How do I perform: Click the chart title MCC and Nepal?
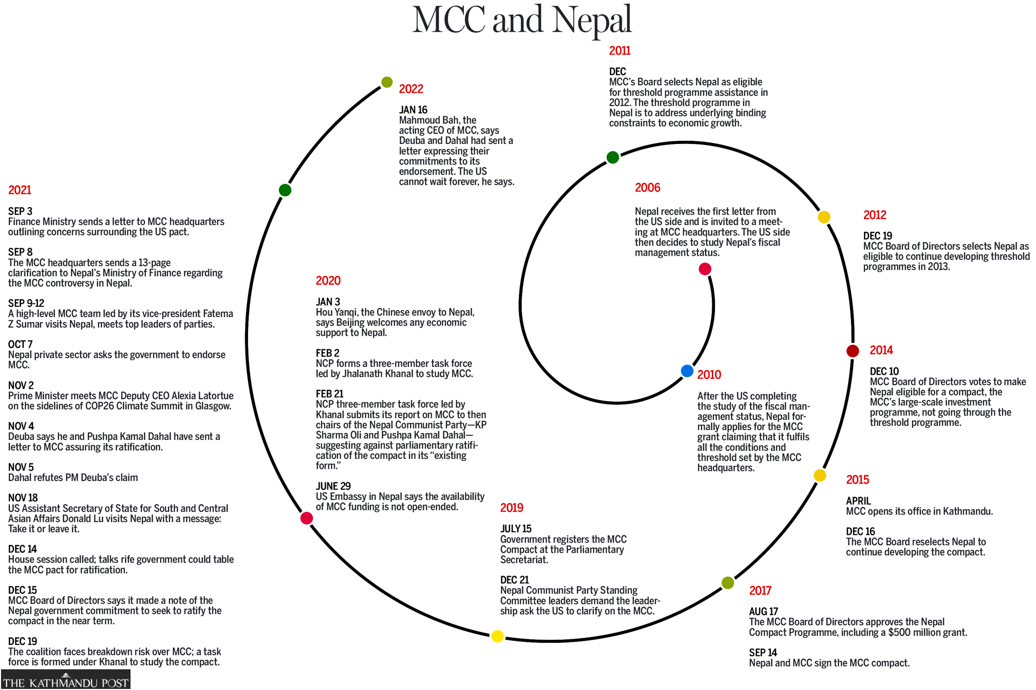click(x=522, y=20)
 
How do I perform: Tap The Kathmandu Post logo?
click(x=66, y=680)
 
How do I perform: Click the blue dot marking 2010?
click(x=687, y=371)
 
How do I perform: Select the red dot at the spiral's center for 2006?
click(x=705, y=269)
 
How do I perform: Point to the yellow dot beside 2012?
click(x=824, y=217)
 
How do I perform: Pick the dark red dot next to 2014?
click(x=853, y=351)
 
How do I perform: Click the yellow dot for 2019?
click(x=497, y=636)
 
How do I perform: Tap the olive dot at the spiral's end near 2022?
click(x=387, y=82)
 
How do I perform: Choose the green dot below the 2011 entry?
click(x=613, y=157)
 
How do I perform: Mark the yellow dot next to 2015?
click(x=820, y=475)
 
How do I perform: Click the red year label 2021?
click(x=20, y=190)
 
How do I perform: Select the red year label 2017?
click(x=760, y=591)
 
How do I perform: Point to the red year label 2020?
click(x=328, y=281)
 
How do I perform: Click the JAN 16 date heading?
click(x=413, y=110)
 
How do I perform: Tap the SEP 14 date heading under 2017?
click(x=763, y=652)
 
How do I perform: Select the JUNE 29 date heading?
click(x=333, y=486)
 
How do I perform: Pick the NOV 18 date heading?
click(x=23, y=498)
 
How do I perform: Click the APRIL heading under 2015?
click(x=858, y=501)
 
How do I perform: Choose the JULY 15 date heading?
click(x=516, y=528)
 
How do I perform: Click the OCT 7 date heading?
click(x=20, y=344)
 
